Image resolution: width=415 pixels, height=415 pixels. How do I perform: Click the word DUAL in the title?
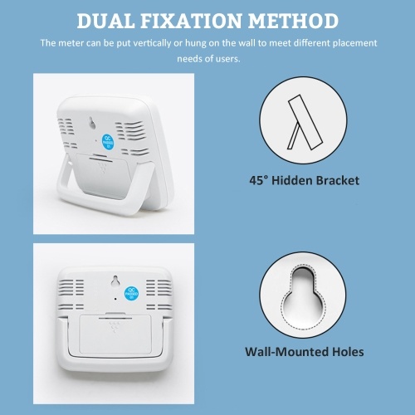[x=105, y=21]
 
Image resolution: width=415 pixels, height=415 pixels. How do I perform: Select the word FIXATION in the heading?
[x=193, y=21]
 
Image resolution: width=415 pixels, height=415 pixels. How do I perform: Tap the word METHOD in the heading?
[x=294, y=21]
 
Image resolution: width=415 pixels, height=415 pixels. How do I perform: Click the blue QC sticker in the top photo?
[x=108, y=142]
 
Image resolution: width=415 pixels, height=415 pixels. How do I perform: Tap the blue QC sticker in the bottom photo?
[x=131, y=293]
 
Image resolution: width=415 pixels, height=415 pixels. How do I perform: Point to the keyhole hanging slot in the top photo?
[x=92, y=123]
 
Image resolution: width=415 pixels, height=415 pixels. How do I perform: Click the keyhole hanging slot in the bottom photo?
[x=115, y=281]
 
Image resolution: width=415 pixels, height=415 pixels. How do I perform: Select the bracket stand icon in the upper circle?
[x=305, y=122]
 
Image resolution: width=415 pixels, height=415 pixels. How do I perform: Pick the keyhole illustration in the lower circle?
[x=303, y=296]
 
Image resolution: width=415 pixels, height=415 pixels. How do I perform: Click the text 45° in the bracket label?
[x=259, y=181]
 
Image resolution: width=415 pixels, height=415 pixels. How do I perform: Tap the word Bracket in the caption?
[x=338, y=181]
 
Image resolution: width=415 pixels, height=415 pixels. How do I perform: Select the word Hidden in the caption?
[x=292, y=181]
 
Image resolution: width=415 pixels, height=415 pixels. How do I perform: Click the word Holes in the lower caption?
[x=348, y=352]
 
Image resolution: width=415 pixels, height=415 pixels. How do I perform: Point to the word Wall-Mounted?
[x=286, y=352]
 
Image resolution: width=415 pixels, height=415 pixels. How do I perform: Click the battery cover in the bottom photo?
[x=115, y=334]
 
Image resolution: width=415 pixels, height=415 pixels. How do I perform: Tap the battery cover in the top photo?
[x=103, y=175]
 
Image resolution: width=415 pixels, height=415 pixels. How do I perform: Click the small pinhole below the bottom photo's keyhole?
[x=115, y=299]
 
